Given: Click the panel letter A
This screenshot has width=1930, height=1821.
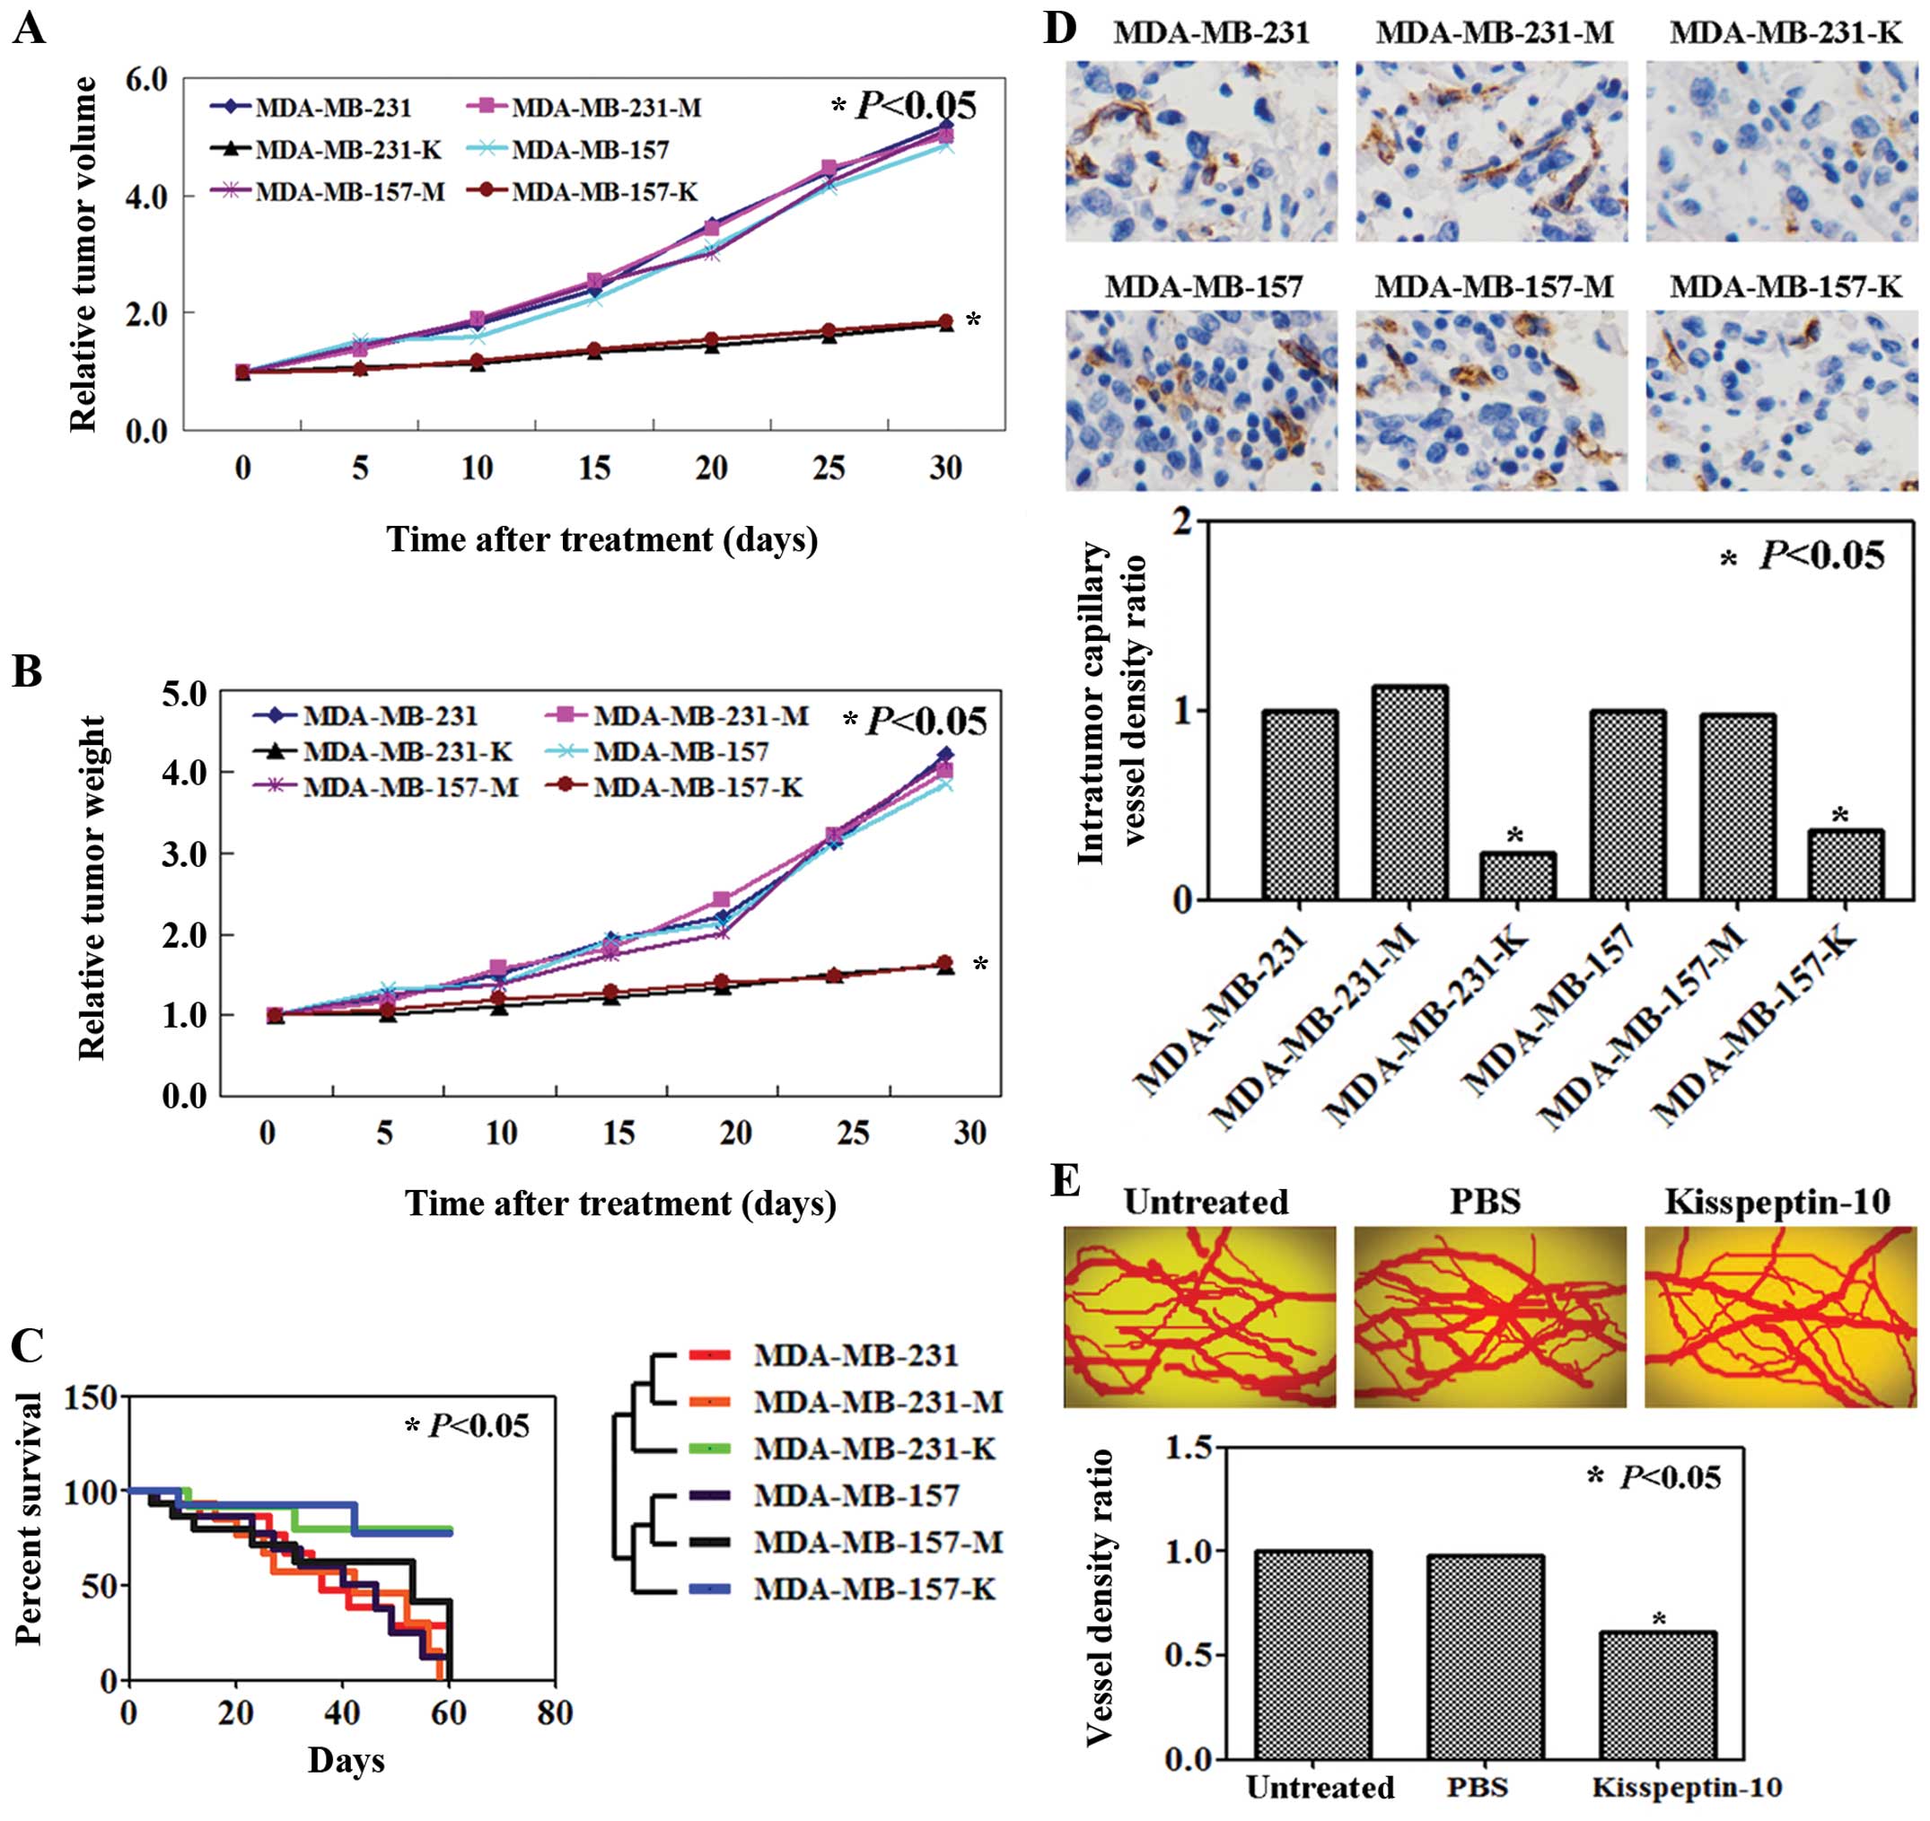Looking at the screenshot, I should (28, 29).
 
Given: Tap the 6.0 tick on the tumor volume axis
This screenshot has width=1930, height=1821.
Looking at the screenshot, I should (145, 80).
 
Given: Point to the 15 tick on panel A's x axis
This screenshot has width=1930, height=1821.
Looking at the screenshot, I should (594, 468).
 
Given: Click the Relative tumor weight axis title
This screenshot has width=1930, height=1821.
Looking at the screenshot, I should (92, 889).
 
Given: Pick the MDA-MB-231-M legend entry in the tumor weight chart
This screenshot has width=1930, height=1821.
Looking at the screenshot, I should (700, 716).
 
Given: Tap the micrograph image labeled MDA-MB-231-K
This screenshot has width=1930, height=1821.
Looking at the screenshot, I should (1782, 152).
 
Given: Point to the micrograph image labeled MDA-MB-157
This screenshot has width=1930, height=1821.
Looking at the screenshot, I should (1201, 400).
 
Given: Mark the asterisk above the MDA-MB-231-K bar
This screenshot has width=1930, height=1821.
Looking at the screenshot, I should (1517, 836).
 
